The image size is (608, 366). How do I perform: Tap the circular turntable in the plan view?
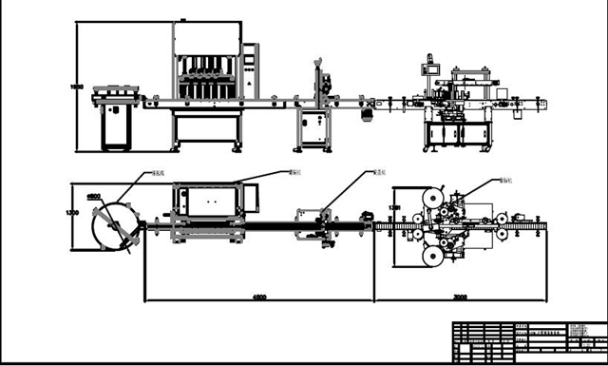pyautogui.click(x=112, y=227)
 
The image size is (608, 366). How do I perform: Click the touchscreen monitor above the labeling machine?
pyautogui.click(x=431, y=67)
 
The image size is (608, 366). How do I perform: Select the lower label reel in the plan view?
pyautogui.click(x=433, y=254)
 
